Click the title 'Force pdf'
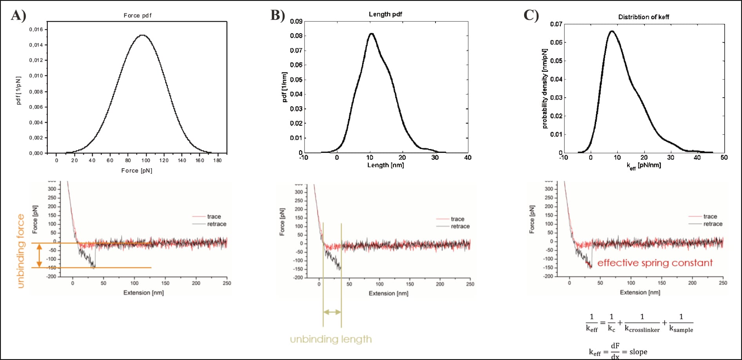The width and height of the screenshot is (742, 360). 137,15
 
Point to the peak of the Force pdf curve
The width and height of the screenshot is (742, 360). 142,35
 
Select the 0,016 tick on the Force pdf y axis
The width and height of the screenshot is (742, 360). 36,29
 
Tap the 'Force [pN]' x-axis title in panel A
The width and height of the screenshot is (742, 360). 136,171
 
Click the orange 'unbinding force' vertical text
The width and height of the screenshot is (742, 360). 21,251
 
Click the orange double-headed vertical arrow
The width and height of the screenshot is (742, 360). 39,255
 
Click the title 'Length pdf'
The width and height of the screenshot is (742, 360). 385,14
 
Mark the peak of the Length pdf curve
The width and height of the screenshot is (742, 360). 371,34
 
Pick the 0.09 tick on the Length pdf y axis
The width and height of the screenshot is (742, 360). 296,21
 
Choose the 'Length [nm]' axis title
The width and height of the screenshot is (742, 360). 385,165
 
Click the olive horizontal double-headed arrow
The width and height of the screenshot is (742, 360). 332,312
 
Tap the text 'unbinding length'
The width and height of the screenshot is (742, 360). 331,339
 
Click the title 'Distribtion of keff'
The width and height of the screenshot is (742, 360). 644,17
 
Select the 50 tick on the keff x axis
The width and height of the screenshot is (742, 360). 724,158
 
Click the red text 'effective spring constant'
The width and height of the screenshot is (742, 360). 655,263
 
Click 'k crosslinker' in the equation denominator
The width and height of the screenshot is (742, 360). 642,329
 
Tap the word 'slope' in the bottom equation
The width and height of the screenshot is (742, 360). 638,352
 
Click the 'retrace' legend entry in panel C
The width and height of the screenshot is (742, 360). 713,224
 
